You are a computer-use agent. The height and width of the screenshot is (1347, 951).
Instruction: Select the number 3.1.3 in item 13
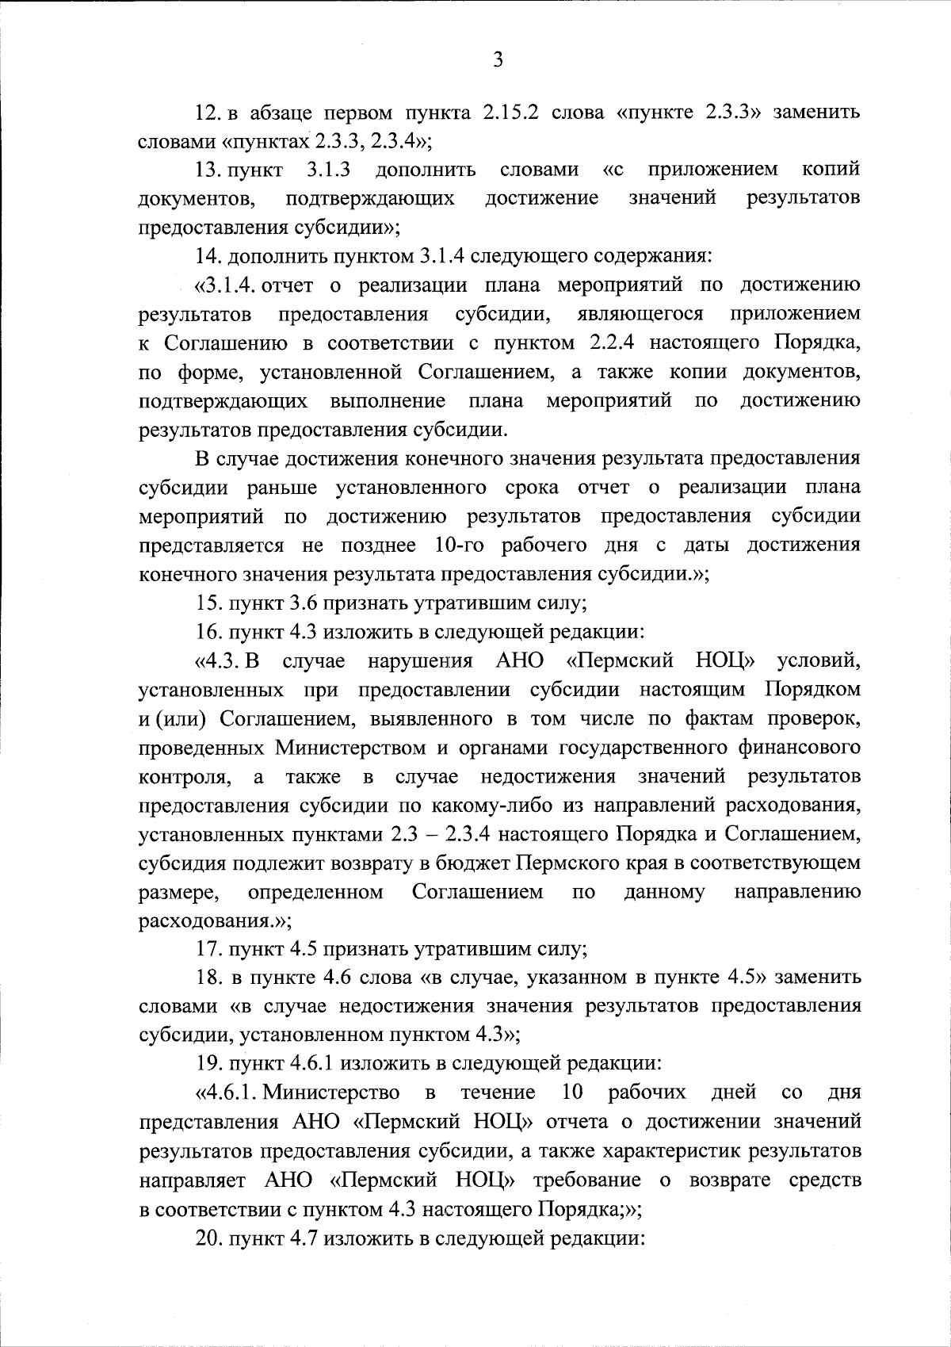click(x=329, y=170)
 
